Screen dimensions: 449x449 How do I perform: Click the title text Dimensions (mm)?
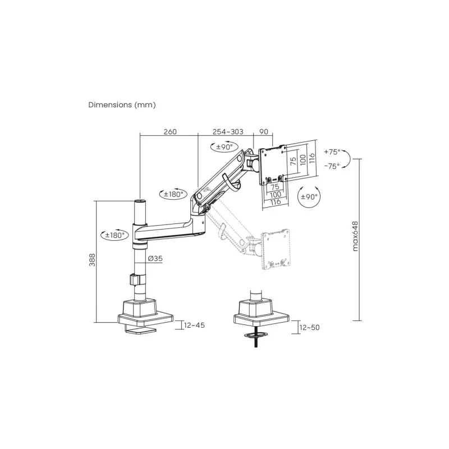coord(122,105)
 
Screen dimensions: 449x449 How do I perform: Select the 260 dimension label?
coord(170,132)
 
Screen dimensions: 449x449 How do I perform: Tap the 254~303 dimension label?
coord(227,132)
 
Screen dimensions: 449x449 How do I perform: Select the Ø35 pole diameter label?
coord(155,259)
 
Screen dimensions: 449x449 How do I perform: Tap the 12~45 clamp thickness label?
coord(194,325)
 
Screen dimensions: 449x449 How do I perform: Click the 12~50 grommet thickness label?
coord(309,328)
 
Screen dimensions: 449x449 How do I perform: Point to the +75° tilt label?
coord(332,152)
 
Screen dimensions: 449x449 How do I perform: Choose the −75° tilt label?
coord(332,166)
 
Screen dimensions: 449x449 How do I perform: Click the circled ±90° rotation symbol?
coord(309,197)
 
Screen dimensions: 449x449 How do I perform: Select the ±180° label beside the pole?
coord(113,235)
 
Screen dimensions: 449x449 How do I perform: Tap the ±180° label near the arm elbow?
coord(171,195)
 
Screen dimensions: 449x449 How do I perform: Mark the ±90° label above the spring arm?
coord(221,147)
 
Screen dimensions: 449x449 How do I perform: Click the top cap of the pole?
coord(139,200)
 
